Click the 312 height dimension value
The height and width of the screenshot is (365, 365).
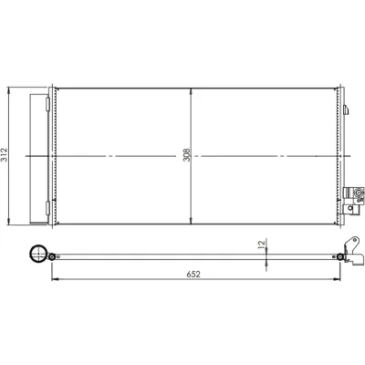click(5, 155)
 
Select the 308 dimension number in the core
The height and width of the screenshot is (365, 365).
click(186, 155)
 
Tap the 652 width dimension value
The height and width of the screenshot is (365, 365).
click(193, 274)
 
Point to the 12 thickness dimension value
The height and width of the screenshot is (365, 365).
click(261, 245)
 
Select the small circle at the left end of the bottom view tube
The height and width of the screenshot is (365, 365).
click(51, 257)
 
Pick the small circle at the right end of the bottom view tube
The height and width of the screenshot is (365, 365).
click(340, 257)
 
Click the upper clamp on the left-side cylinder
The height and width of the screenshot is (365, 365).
click(47, 104)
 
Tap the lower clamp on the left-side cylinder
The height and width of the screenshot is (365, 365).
click(47, 208)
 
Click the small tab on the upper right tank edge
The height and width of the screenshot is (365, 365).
click(346, 109)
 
